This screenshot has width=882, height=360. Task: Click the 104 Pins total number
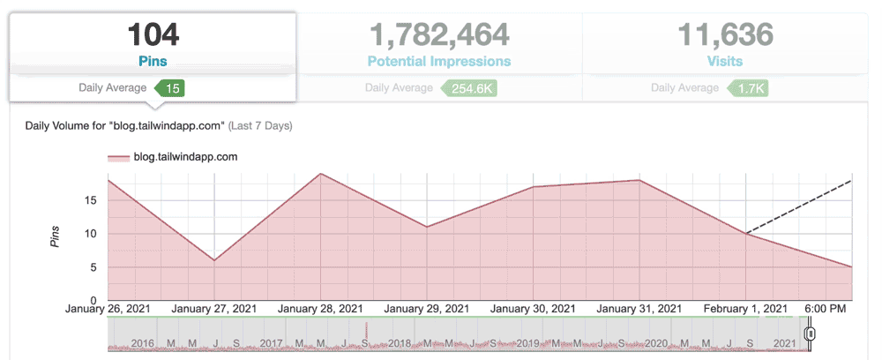click(153, 35)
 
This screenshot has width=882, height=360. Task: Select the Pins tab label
click(153, 62)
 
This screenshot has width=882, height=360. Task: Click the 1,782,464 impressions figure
click(438, 35)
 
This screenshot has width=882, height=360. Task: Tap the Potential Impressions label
click(438, 62)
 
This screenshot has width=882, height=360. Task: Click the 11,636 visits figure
click(725, 35)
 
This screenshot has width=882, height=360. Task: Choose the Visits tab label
click(725, 62)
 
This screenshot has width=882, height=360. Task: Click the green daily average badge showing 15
click(172, 88)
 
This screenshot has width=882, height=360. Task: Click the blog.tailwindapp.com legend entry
click(173, 157)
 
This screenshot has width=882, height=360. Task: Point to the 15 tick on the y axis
click(91, 200)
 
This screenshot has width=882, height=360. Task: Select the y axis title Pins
click(55, 235)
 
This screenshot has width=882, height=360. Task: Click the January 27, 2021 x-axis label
click(213, 309)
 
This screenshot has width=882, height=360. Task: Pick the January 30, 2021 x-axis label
click(532, 309)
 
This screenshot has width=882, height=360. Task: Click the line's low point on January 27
click(214, 260)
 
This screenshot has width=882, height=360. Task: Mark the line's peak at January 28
click(321, 174)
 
